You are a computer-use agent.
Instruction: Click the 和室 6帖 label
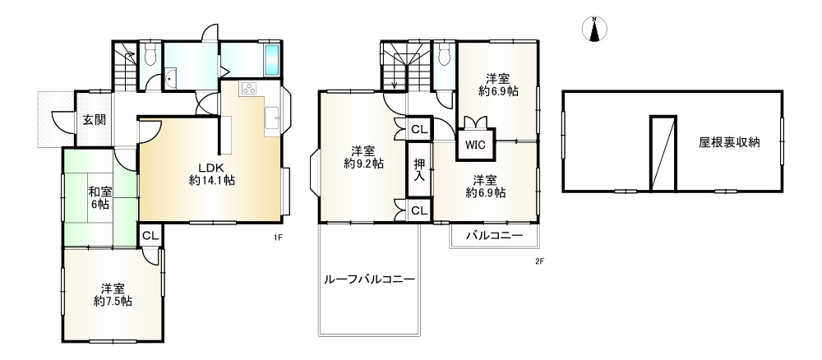point(101,198)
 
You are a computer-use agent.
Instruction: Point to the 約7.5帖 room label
point(113,295)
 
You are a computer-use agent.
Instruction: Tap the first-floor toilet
point(150,54)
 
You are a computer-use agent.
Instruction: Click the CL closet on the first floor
point(150,236)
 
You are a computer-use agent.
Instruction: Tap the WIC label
point(475,145)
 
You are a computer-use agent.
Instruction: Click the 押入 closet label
point(419,170)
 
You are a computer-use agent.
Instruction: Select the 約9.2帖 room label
point(363,157)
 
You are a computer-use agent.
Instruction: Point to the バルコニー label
point(495,235)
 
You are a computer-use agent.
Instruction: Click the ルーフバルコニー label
point(369,279)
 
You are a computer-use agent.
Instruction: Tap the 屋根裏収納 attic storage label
point(729,141)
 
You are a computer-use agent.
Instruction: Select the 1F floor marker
point(279,238)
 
